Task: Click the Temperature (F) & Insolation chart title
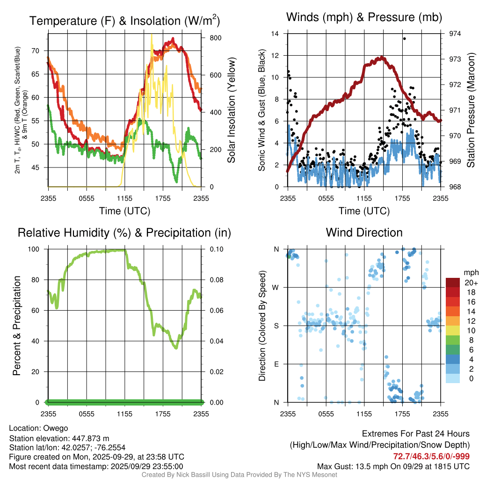tap(124, 21)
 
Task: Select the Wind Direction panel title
tap(364, 232)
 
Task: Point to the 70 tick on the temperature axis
tap(40, 51)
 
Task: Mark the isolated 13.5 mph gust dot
tap(404, 39)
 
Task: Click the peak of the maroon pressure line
tap(383, 58)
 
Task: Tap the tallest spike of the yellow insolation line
tap(151, 35)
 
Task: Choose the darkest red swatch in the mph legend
tap(452, 283)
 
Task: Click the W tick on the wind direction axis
tap(276, 287)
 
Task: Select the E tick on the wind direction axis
tap(276, 364)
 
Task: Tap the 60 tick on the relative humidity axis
tap(39, 311)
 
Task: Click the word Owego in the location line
tap(56, 428)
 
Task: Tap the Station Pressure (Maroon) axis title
tap(471, 110)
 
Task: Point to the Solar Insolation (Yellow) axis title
tap(231, 110)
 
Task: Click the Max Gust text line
tap(393, 466)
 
